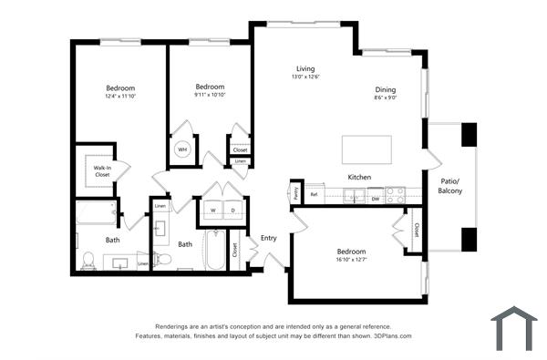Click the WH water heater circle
pos(182,149)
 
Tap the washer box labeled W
pos(212,211)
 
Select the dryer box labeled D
pos(232,211)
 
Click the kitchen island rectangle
pos(366,149)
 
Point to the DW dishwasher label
pos(376,197)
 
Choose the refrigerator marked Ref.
pos(315,194)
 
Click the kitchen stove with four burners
pos(396,194)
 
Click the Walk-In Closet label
pos(102,170)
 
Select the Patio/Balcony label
pos(449,185)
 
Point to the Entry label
pos(269,238)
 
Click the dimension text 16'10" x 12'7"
pos(352,261)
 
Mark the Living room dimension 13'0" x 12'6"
pos(305,77)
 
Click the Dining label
pos(385,89)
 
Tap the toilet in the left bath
pos(88,261)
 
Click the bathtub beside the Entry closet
pos(215,249)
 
